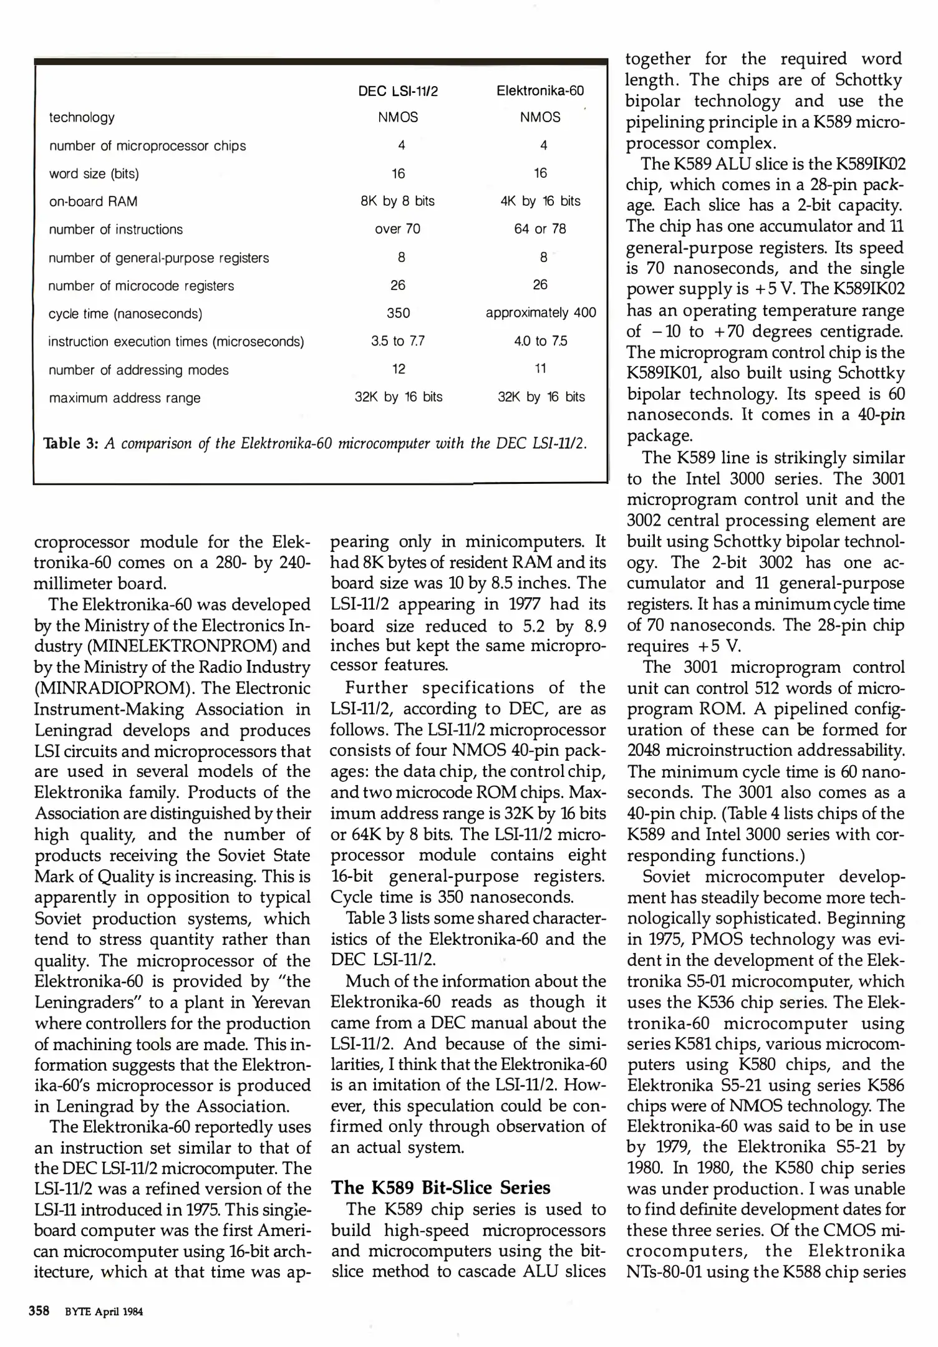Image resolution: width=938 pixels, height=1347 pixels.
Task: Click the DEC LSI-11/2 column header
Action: point(398,92)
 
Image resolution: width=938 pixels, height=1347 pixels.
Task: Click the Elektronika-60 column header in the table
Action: point(540,91)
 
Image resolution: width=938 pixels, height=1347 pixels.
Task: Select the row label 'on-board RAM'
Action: point(94,201)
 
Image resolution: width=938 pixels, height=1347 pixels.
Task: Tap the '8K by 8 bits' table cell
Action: point(398,201)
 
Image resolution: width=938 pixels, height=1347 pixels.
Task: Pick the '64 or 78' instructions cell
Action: point(540,229)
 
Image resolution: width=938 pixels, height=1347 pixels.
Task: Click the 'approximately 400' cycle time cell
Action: point(541,312)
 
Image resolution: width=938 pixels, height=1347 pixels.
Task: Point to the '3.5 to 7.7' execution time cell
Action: point(398,341)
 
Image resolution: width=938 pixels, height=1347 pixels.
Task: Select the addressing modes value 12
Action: point(399,369)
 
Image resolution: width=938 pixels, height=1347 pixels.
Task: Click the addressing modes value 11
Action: point(541,369)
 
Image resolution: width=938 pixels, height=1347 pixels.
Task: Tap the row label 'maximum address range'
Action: point(125,398)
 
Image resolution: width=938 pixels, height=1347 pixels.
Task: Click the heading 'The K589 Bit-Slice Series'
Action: point(440,1187)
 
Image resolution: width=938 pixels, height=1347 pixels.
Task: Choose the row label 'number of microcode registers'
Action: point(142,286)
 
